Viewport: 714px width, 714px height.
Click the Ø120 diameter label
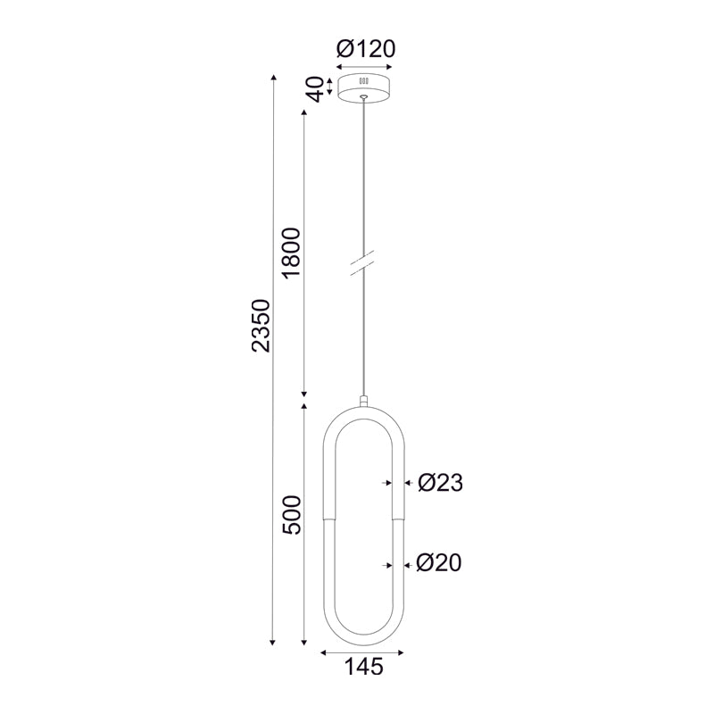(x=366, y=49)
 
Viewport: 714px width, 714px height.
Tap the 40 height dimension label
(x=315, y=89)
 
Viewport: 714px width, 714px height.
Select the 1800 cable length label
(x=292, y=253)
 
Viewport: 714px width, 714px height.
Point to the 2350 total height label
(x=261, y=325)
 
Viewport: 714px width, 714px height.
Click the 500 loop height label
(x=292, y=515)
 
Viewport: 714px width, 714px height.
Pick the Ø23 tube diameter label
(x=440, y=483)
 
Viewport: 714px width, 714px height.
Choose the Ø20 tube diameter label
(x=439, y=563)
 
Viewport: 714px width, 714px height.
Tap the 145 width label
(x=364, y=667)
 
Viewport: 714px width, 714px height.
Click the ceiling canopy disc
(x=364, y=87)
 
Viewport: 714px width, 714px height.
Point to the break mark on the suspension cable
(x=362, y=262)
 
